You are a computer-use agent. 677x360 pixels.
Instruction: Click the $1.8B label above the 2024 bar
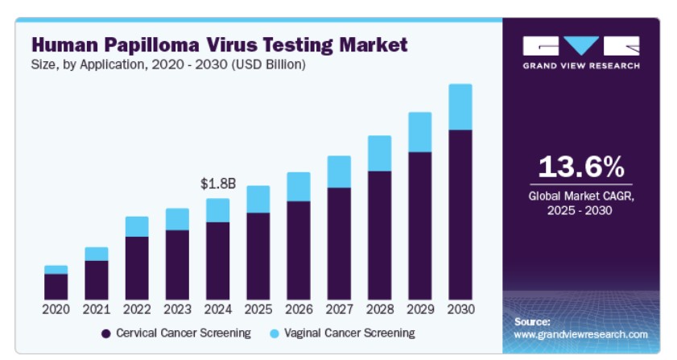(218, 184)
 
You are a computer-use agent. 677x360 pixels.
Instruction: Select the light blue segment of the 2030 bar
(460, 107)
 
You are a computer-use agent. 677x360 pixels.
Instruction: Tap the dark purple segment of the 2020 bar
(56, 287)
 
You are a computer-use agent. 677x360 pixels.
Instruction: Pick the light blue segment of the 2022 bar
(137, 226)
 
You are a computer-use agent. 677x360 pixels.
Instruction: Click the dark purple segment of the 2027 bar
(339, 244)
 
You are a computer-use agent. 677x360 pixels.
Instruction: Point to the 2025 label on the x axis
(258, 309)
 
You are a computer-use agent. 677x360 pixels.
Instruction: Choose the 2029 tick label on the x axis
(420, 309)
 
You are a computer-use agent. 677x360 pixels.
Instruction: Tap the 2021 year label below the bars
(97, 309)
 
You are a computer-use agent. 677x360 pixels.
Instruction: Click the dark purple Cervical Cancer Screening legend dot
(105, 333)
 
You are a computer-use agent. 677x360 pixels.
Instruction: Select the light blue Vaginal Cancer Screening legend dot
(275, 333)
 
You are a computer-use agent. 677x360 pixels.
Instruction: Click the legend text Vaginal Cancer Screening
(349, 333)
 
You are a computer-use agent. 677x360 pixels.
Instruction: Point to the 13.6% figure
(581, 167)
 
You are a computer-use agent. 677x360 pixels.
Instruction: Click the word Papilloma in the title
(152, 45)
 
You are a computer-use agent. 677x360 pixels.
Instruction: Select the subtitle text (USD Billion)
(269, 64)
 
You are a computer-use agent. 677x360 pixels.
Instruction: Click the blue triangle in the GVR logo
(581, 43)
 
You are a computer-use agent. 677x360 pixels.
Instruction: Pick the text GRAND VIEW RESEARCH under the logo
(581, 66)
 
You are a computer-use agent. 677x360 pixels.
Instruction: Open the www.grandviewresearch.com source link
(580, 334)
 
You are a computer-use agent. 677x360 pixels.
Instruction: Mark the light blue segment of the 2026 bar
(299, 187)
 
